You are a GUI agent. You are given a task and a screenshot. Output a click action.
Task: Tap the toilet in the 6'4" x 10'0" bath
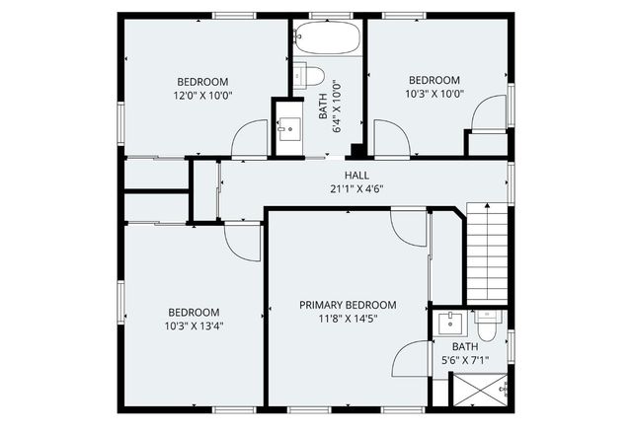click(311, 75)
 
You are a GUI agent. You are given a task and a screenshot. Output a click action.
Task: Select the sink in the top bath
click(288, 127)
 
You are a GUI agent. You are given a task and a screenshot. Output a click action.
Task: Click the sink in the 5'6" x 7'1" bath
click(451, 323)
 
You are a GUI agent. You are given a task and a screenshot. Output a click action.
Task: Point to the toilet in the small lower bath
click(487, 319)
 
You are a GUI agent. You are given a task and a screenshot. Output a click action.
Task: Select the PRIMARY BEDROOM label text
click(348, 305)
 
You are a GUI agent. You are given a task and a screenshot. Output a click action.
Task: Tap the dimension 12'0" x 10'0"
click(201, 97)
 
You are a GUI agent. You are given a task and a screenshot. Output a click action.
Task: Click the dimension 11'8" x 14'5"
click(348, 319)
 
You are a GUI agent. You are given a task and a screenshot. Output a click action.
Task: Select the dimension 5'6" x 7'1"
click(464, 361)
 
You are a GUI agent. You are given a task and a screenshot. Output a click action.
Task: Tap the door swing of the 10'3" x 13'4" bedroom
click(243, 241)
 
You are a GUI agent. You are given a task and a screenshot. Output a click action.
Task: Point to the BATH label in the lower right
click(464, 346)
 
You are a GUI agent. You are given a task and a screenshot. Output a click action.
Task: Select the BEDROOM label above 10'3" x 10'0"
click(434, 81)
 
